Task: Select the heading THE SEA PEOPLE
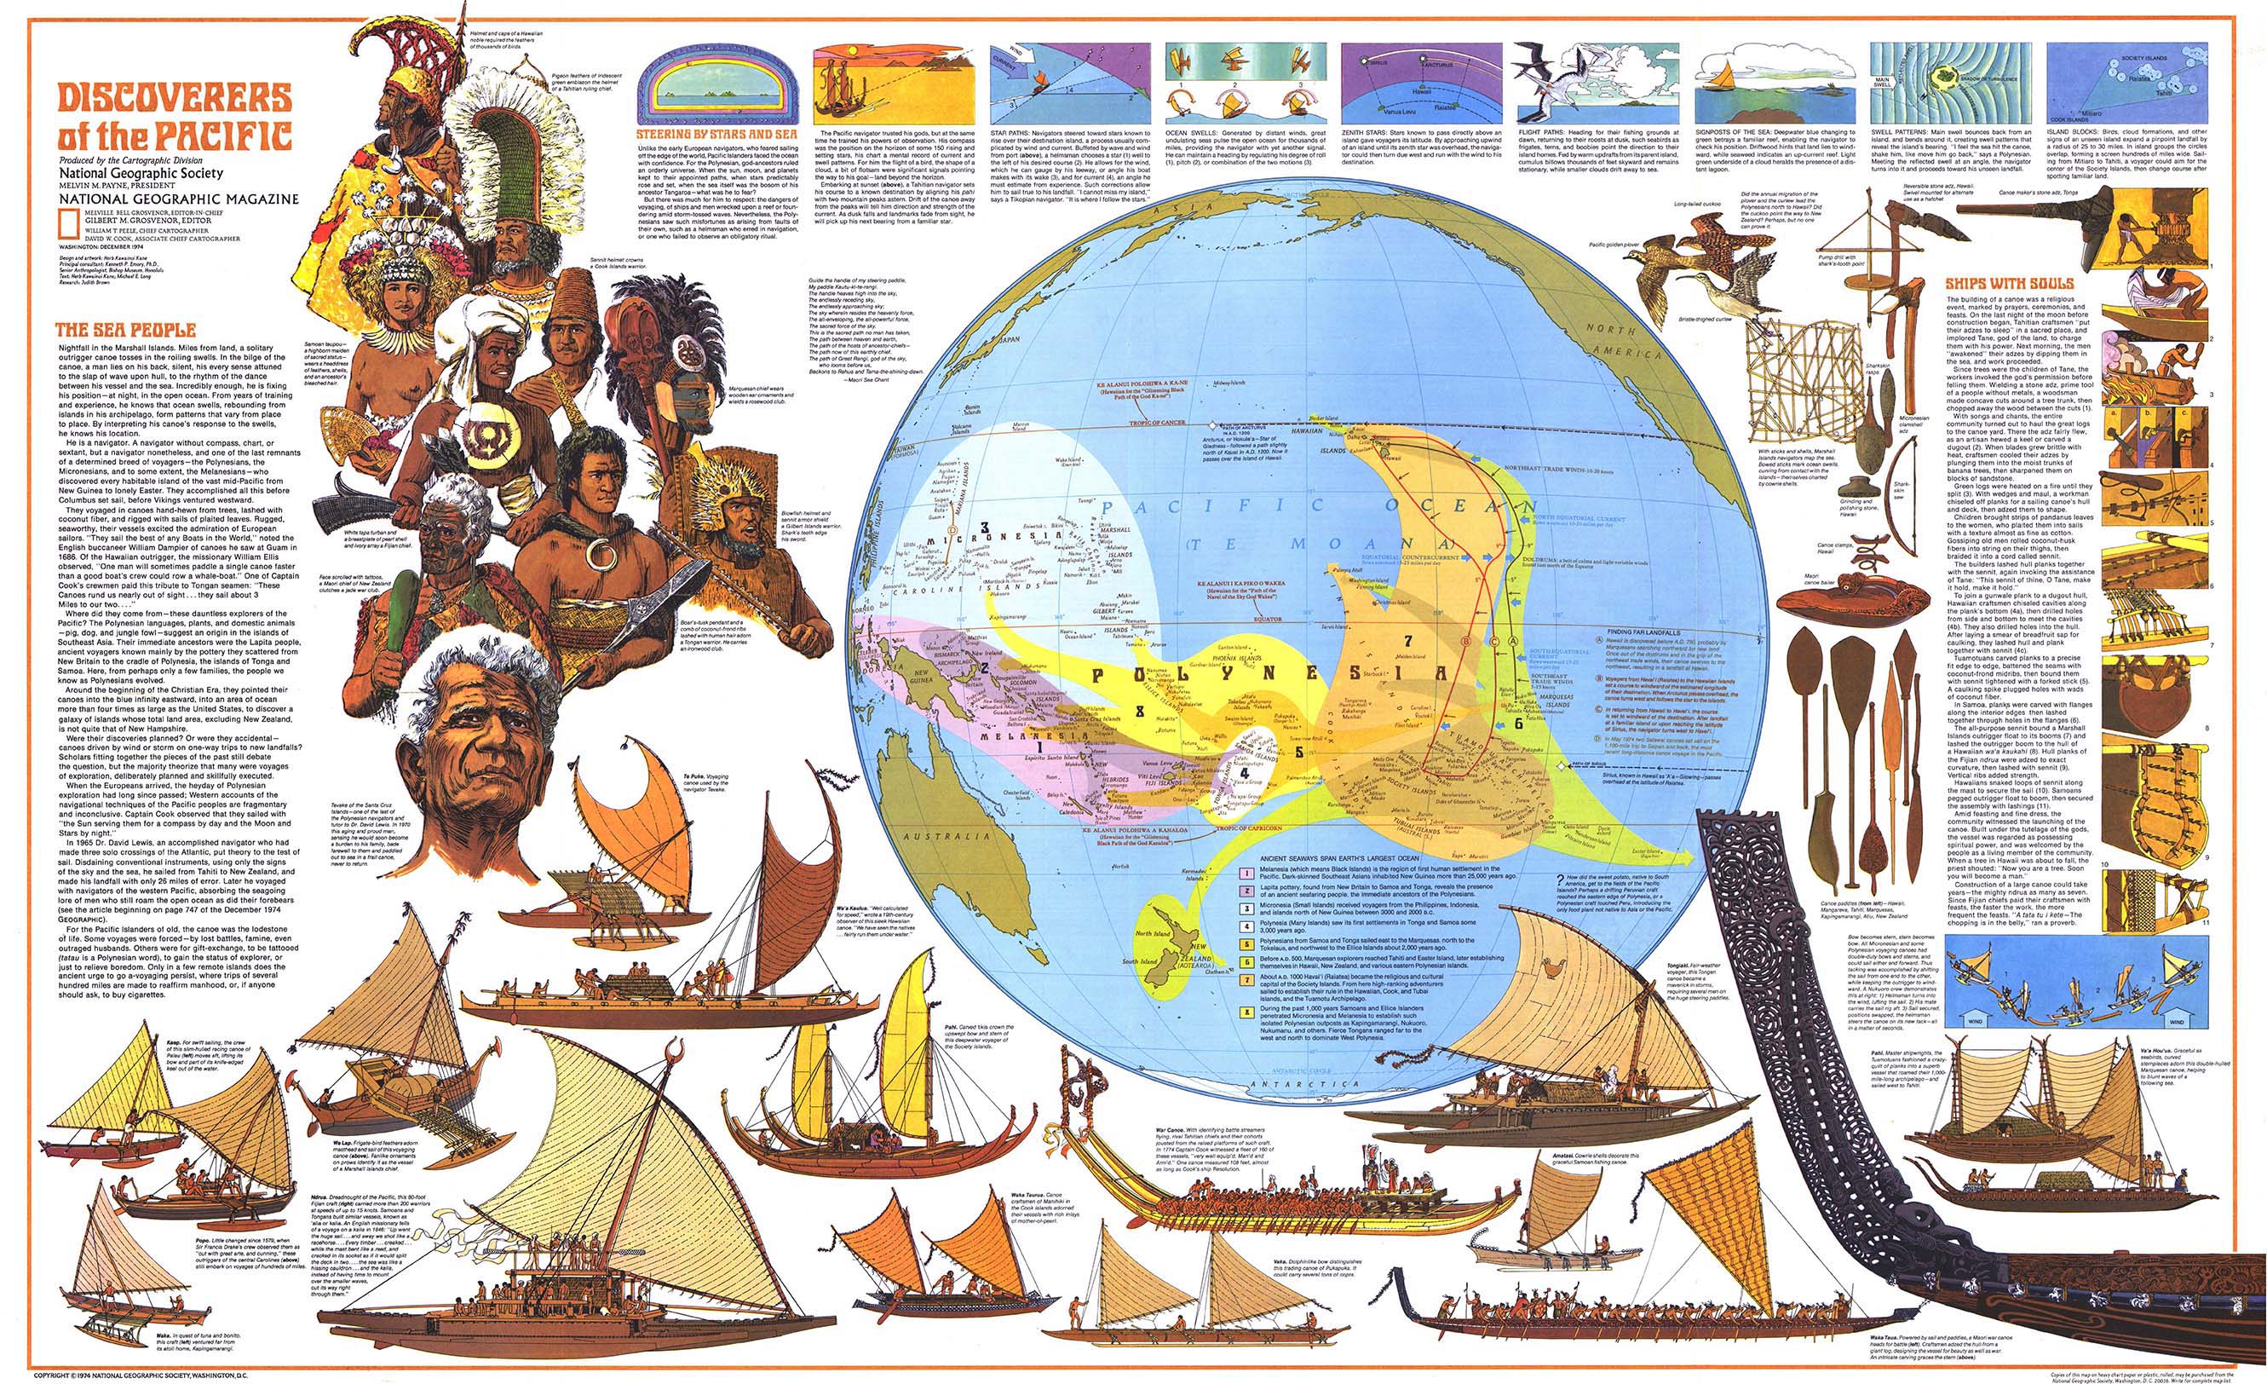(x=125, y=330)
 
